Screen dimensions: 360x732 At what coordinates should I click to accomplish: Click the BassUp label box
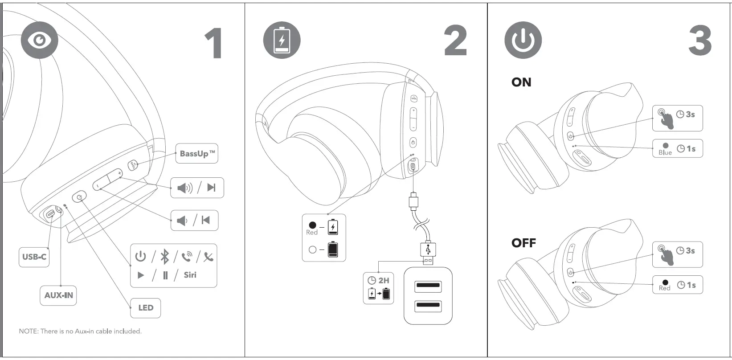click(196, 154)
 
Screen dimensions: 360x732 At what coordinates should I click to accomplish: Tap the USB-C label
click(34, 257)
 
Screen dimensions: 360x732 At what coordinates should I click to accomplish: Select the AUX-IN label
click(58, 295)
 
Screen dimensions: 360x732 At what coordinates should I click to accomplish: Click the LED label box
click(145, 307)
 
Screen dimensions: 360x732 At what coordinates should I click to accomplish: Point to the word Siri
click(190, 275)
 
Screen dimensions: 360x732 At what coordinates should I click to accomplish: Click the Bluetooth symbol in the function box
click(164, 257)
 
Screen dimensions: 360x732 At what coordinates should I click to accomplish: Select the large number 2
click(455, 41)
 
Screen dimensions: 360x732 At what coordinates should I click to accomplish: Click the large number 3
click(700, 41)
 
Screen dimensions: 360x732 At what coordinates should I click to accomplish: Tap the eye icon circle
click(39, 40)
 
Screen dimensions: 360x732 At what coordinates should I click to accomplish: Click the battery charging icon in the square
click(282, 40)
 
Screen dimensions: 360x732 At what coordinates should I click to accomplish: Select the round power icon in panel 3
click(523, 40)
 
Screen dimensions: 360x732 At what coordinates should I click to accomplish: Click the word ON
click(521, 82)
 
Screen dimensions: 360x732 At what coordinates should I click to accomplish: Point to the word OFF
click(523, 243)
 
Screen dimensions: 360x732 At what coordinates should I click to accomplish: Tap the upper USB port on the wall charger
click(428, 286)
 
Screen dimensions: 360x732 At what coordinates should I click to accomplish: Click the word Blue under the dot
click(665, 152)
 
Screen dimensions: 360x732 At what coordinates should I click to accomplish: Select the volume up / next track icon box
click(197, 188)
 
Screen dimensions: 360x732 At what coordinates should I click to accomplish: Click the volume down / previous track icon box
click(194, 220)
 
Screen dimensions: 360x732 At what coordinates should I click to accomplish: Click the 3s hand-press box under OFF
click(677, 254)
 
